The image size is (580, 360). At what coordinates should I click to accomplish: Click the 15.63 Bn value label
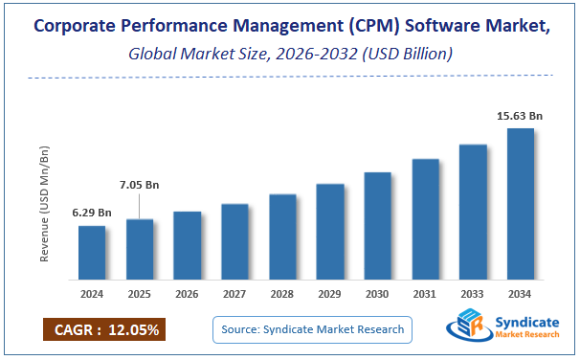point(520,116)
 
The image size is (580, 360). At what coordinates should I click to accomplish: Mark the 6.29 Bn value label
point(92,213)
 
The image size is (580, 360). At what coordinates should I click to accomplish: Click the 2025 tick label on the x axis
point(140,294)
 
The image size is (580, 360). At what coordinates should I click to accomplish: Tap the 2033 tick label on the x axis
point(473,294)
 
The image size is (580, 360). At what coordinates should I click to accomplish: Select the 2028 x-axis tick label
point(282,294)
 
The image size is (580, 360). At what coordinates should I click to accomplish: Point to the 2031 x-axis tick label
point(425,294)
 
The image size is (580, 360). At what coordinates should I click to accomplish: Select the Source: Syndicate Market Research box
point(312,330)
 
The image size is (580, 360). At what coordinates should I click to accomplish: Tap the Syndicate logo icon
point(466,328)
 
